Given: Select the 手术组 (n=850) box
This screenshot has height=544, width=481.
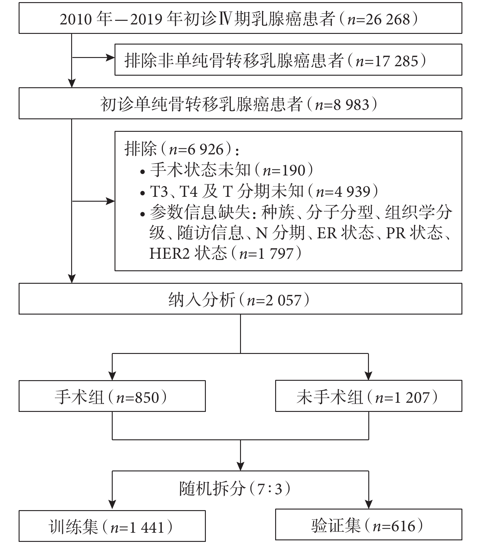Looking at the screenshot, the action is click(112, 396).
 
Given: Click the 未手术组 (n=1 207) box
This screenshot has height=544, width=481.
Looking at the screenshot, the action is click(369, 396).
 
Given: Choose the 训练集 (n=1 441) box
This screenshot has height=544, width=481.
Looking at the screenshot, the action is click(112, 526).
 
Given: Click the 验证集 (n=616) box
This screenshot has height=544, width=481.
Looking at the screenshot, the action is click(369, 525).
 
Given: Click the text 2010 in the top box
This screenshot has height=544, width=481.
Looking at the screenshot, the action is click(75, 19).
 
